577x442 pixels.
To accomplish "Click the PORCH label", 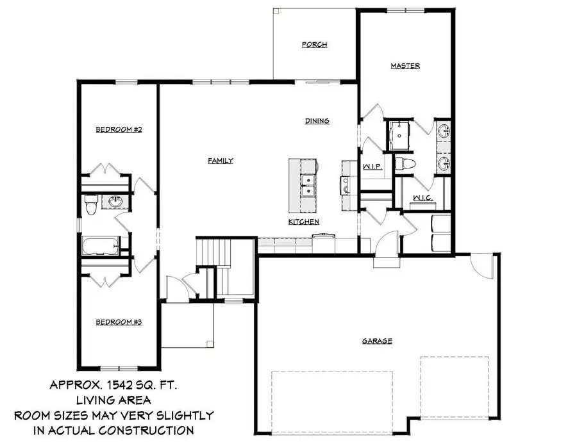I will (315, 45).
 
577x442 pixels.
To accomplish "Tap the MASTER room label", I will (405, 66).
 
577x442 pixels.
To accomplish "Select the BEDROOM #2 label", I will (119, 129).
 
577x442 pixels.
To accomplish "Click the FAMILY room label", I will (220, 161).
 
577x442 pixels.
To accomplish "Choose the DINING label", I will (317, 120).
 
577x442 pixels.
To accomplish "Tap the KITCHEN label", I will (303, 222).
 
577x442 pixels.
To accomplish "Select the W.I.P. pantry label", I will (372, 167).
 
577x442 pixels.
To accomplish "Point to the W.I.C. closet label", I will (422, 198).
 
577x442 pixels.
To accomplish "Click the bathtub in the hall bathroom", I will (101, 245).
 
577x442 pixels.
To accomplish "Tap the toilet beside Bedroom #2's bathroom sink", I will (90, 205).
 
